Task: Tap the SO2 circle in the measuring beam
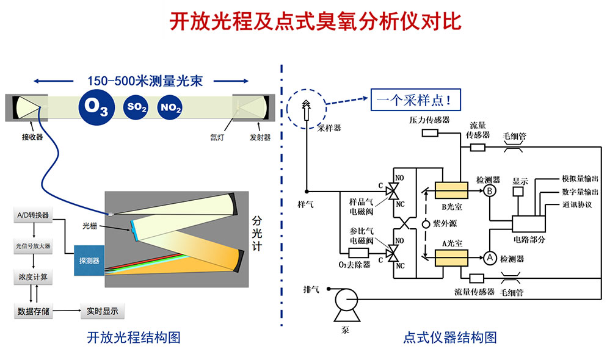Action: pos(137,107)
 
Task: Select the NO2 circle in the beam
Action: pos(170,107)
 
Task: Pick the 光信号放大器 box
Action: pos(34,247)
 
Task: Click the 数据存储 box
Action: pos(34,311)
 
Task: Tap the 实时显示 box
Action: pos(102,311)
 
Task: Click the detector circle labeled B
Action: pos(490,192)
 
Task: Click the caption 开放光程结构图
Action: pos(134,337)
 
